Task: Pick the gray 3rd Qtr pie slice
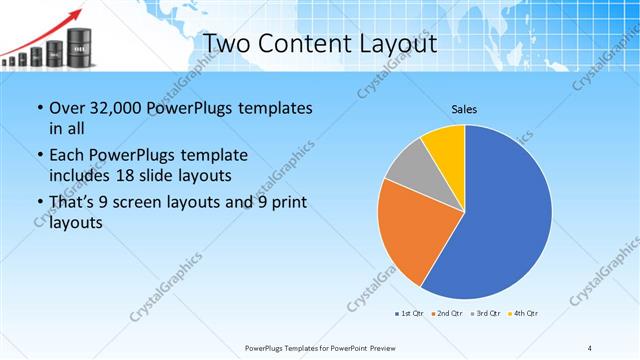click(406, 174)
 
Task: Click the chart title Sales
click(464, 108)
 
